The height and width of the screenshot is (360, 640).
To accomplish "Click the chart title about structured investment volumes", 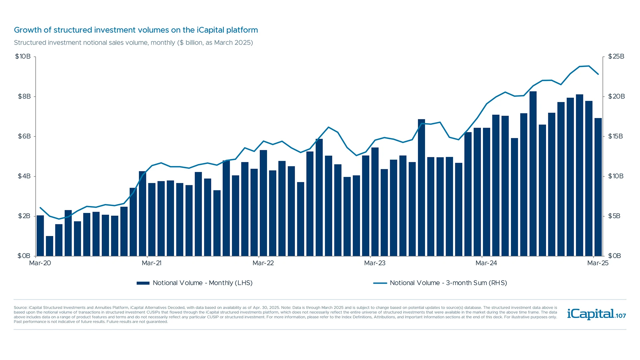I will point(136,30).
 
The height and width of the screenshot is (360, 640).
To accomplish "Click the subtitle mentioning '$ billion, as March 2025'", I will point(133,43).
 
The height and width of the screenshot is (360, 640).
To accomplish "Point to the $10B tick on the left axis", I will point(23,56).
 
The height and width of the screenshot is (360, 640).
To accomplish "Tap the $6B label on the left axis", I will point(24,136).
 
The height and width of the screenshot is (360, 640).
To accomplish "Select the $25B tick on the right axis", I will point(616,56).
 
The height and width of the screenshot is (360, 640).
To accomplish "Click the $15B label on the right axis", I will point(615,136).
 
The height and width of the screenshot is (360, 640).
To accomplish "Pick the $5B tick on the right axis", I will point(614,216).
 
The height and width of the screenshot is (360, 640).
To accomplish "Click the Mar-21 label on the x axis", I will point(152,263).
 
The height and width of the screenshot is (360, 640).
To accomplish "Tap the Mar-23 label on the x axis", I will point(375,263).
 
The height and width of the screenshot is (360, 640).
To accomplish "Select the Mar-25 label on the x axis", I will point(598,263).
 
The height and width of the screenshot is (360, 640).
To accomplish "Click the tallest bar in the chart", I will point(533,173).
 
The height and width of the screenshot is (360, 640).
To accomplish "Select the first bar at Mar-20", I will point(40,235).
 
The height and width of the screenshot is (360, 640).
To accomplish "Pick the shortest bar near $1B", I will point(50,246).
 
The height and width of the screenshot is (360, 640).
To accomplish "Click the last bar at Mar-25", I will point(598,187).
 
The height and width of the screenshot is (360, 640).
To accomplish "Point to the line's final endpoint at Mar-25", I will point(598,74).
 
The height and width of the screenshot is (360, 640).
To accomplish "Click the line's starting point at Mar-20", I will point(40,208).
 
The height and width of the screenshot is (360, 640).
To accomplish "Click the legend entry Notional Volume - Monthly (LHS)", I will point(194,283).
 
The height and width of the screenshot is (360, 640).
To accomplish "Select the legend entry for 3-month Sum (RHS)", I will point(440,283).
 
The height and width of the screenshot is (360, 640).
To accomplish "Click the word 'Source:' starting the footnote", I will point(20,308).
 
